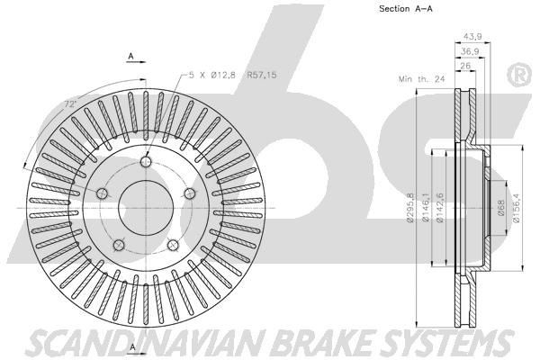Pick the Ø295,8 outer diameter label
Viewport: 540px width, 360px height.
coord(409,208)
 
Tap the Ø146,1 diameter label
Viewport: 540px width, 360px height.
coord(427,208)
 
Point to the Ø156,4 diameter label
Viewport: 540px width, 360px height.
coord(517,208)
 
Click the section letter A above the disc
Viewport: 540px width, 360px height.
coord(131,57)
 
